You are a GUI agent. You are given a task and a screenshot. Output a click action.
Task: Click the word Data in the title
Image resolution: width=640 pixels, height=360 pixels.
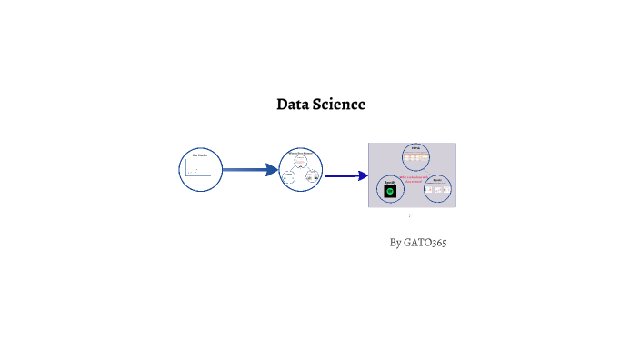293,105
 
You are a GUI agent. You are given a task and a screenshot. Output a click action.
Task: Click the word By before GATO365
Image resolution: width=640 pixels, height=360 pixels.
395,243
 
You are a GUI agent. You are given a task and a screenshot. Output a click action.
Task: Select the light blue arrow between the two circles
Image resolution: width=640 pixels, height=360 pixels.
249,169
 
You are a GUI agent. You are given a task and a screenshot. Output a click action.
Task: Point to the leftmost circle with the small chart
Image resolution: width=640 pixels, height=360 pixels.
201,168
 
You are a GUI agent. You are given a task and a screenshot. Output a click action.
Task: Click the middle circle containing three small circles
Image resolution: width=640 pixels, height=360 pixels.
301,169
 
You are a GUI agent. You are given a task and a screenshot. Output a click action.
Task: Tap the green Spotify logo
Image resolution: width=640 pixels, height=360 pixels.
390,192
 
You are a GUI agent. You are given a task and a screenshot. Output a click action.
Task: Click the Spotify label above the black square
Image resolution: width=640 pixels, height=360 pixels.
390,182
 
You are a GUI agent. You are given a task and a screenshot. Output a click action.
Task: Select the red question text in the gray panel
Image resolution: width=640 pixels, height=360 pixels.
412,178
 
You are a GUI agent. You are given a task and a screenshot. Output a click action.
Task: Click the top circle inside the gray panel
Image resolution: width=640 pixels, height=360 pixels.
415,157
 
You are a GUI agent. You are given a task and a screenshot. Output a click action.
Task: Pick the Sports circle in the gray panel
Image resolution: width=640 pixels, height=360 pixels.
437,189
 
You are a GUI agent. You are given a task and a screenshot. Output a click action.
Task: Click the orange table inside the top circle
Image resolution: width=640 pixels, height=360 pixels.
415,158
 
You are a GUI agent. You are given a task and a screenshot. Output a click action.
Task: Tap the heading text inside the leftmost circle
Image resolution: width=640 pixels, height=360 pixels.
201,155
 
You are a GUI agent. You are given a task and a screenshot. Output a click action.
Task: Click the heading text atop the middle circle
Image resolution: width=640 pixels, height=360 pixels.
301,152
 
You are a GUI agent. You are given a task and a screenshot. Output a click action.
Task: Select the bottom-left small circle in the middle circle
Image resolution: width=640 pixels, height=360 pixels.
290,176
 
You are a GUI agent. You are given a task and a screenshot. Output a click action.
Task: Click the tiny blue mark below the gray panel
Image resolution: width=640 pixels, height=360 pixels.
411,215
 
